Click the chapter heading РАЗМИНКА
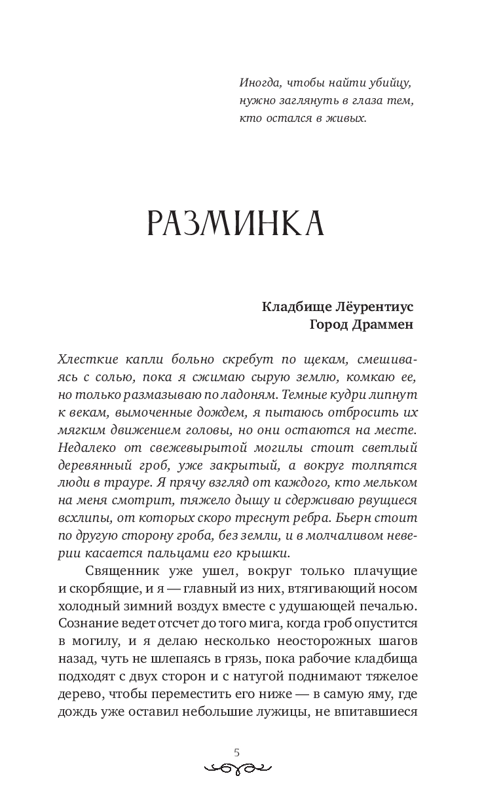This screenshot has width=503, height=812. coord(236,224)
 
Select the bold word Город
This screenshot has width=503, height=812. coord(330,325)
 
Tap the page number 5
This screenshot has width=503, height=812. coord(237,752)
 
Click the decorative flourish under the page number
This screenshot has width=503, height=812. coord(237,767)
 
